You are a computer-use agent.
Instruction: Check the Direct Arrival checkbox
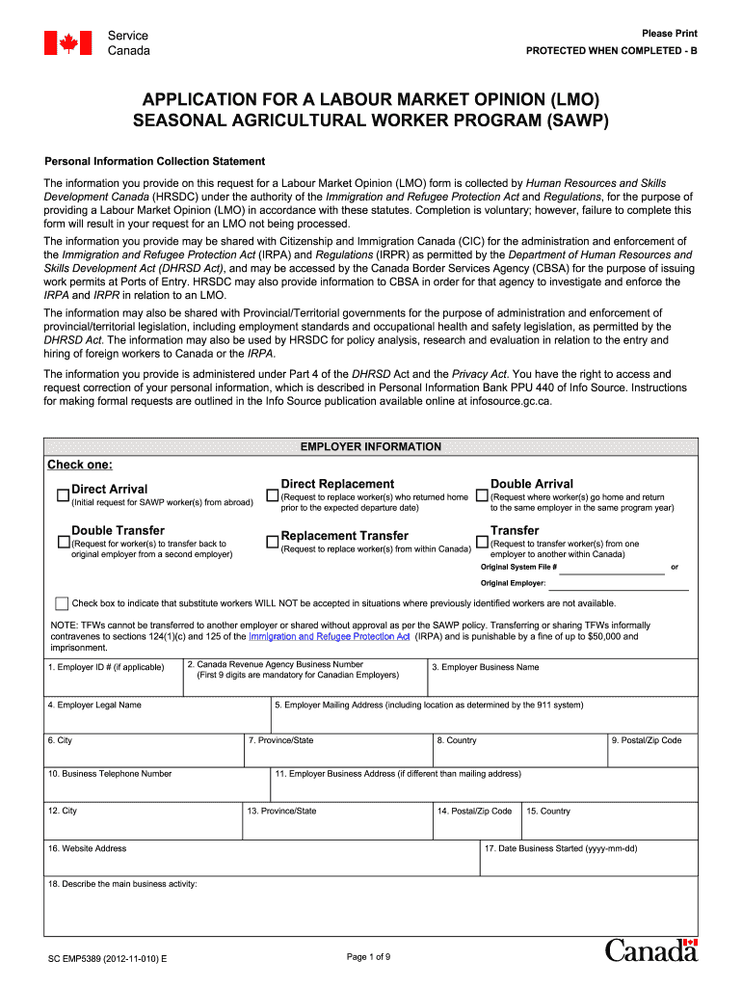pyautogui.click(x=63, y=495)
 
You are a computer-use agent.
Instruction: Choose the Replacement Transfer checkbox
pyautogui.click(x=272, y=543)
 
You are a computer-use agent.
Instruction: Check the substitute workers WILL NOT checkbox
pyautogui.click(x=62, y=603)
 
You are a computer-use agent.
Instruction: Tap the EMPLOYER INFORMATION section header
pyautogui.click(x=371, y=446)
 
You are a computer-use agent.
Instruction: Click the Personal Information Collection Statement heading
pyautogui.click(x=155, y=161)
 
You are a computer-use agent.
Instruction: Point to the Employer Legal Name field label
pyautogui.click(x=94, y=705)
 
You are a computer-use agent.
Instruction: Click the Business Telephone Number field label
pyautogui.click(x=110, y=773)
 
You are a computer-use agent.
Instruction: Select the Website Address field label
pyautogui.click(x=87, y=848)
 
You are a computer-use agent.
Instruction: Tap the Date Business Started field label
pyautogui.click(x=561, y=848)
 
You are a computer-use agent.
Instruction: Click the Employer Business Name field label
pyautogui.click(x=486, y=667)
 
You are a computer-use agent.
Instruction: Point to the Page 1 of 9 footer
pyautogui.click(x=367, y=956)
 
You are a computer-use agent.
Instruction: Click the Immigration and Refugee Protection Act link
pyautogui.click(x=330, y=636)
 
